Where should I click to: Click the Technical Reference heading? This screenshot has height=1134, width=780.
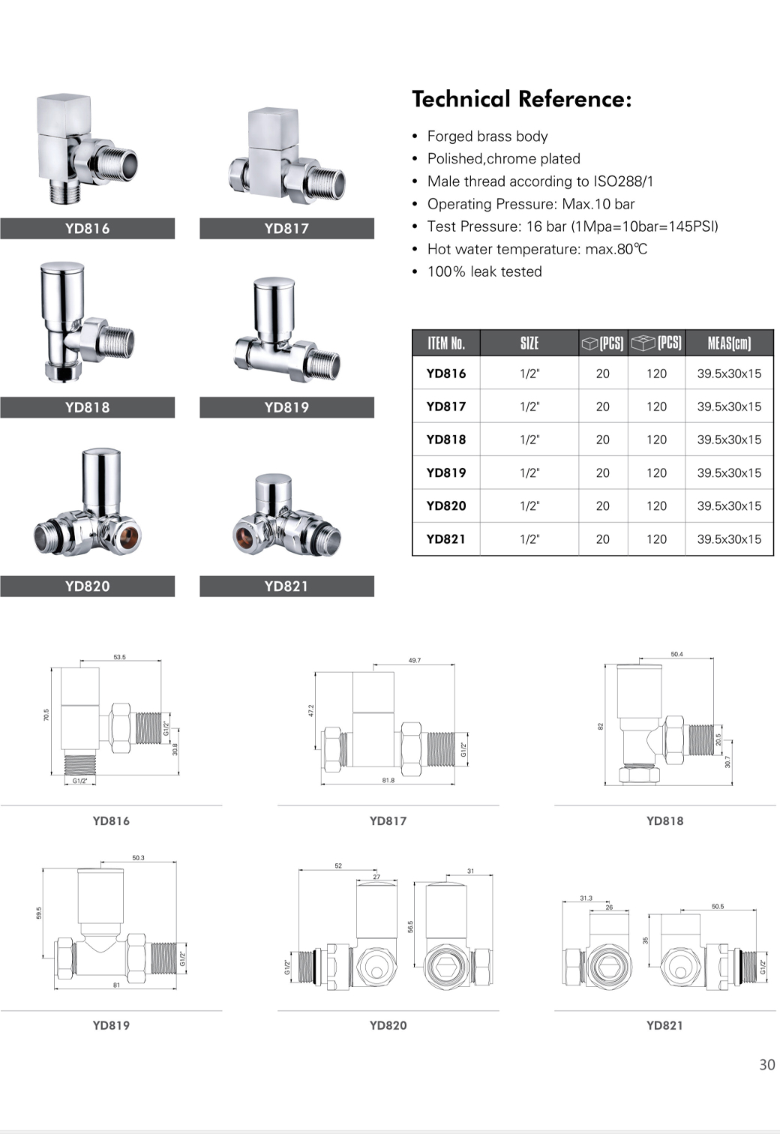click(522, 99)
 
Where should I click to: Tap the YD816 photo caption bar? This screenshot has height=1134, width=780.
click(88, 228)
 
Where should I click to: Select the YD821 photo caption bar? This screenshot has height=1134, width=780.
click(286, 586)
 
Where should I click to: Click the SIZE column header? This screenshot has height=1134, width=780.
click(529, 343)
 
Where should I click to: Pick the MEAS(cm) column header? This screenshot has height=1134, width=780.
click(729, 343)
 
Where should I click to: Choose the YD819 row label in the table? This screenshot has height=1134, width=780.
click(446, 472)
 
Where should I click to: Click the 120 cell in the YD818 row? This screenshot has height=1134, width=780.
click(656, 439)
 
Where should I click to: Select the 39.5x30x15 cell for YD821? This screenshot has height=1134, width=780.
click(729, 539)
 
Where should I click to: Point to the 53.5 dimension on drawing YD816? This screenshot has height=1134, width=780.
click(119, 657)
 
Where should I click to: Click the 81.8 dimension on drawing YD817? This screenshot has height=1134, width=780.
click(388, 780)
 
